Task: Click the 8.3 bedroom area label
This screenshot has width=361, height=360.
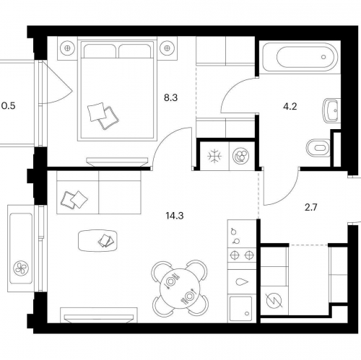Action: point(170,98)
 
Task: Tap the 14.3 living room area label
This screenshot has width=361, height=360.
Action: point(175,216)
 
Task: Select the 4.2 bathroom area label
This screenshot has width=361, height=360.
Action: point(290,106)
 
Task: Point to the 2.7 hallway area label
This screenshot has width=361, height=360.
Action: point(310,207)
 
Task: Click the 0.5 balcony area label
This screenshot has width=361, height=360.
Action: point(9,105)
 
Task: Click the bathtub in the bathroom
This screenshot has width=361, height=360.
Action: point(300,57)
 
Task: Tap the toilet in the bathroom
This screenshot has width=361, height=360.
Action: point(318,147)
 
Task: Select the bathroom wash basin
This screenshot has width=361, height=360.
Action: point(331,110)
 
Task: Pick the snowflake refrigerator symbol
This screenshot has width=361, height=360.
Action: point(214,156)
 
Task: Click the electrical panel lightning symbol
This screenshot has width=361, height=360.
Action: point(274,301)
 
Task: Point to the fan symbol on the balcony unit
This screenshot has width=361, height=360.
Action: point(21,268)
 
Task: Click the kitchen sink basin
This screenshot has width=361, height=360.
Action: point(241,309)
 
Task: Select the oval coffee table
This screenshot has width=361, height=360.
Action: point(97,241)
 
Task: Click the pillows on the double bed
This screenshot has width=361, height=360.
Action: point(103,116)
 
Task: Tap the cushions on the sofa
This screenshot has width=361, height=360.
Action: point(74,199)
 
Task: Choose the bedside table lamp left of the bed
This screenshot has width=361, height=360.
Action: point(67,48)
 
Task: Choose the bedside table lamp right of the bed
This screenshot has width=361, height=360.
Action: point(167,48)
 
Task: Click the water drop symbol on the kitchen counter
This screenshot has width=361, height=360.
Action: point(242,282)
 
